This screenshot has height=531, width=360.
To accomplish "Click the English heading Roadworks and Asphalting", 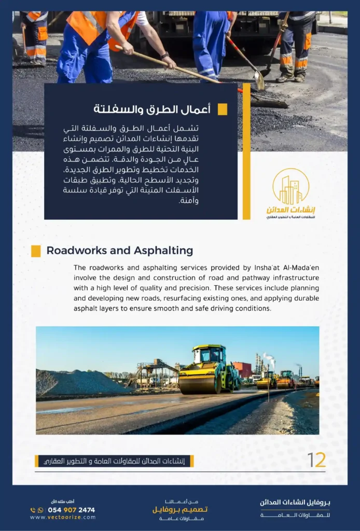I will pyautogui.click(x=119, y=251).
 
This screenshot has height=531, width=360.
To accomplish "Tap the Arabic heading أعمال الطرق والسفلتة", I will pyautogui.click(x=151, y=109).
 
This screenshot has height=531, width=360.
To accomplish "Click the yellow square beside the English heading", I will pyautogui.click(x=36, y=251).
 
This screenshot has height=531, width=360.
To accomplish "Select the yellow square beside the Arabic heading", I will pyautogui.click(x=222, y=109).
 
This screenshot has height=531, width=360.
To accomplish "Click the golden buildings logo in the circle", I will pyautogui.click(x=290, y=187).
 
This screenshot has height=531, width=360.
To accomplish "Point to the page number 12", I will pyautogui.click(x=316, y=460).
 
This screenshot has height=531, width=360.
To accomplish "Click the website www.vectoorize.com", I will pyautogui.click(x=63, y=517).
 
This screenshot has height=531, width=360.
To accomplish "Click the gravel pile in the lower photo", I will pyautogui.click(x=78, y=384).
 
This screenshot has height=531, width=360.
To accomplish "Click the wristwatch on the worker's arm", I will pyautogui.click(x=164, y=55).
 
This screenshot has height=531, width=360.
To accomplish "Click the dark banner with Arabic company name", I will pyautogui.click(x=114, y=461).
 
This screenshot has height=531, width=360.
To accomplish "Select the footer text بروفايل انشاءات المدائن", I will pyautogui.click(x=295, y=502).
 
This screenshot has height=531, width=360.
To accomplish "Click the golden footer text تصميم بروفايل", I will pyautogui.click(x=180, y=510).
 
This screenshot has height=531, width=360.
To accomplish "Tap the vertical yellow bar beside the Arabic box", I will pyautogui.click(x=246, y=150).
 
